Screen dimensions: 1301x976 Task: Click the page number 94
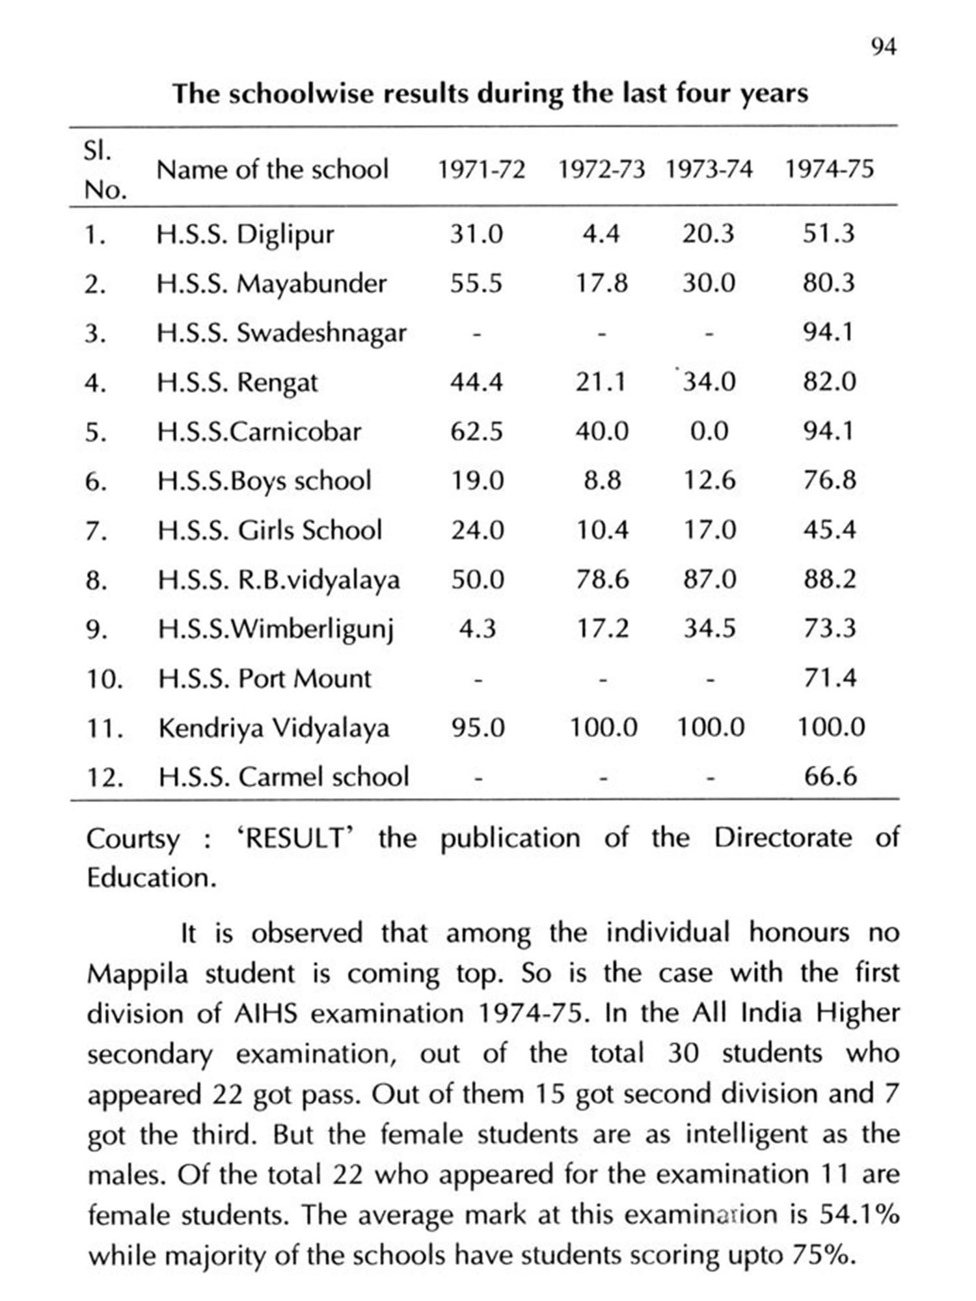(883, 47)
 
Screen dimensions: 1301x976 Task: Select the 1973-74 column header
(709, 170)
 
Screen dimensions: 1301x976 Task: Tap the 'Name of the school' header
(273, 170)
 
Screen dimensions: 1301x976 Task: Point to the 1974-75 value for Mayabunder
(828, 284)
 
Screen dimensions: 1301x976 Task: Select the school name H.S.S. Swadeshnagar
(281, 333)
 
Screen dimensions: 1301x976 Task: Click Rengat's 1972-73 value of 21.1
(601, 382)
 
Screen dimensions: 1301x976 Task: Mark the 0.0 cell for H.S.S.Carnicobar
(709, 431)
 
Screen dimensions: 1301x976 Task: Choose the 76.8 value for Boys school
(829, 481)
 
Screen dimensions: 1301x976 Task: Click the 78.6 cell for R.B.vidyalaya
(602, 580)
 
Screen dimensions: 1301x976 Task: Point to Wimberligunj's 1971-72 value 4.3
(477, 629)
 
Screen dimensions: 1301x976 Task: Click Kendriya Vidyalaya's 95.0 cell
(478, 728)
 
